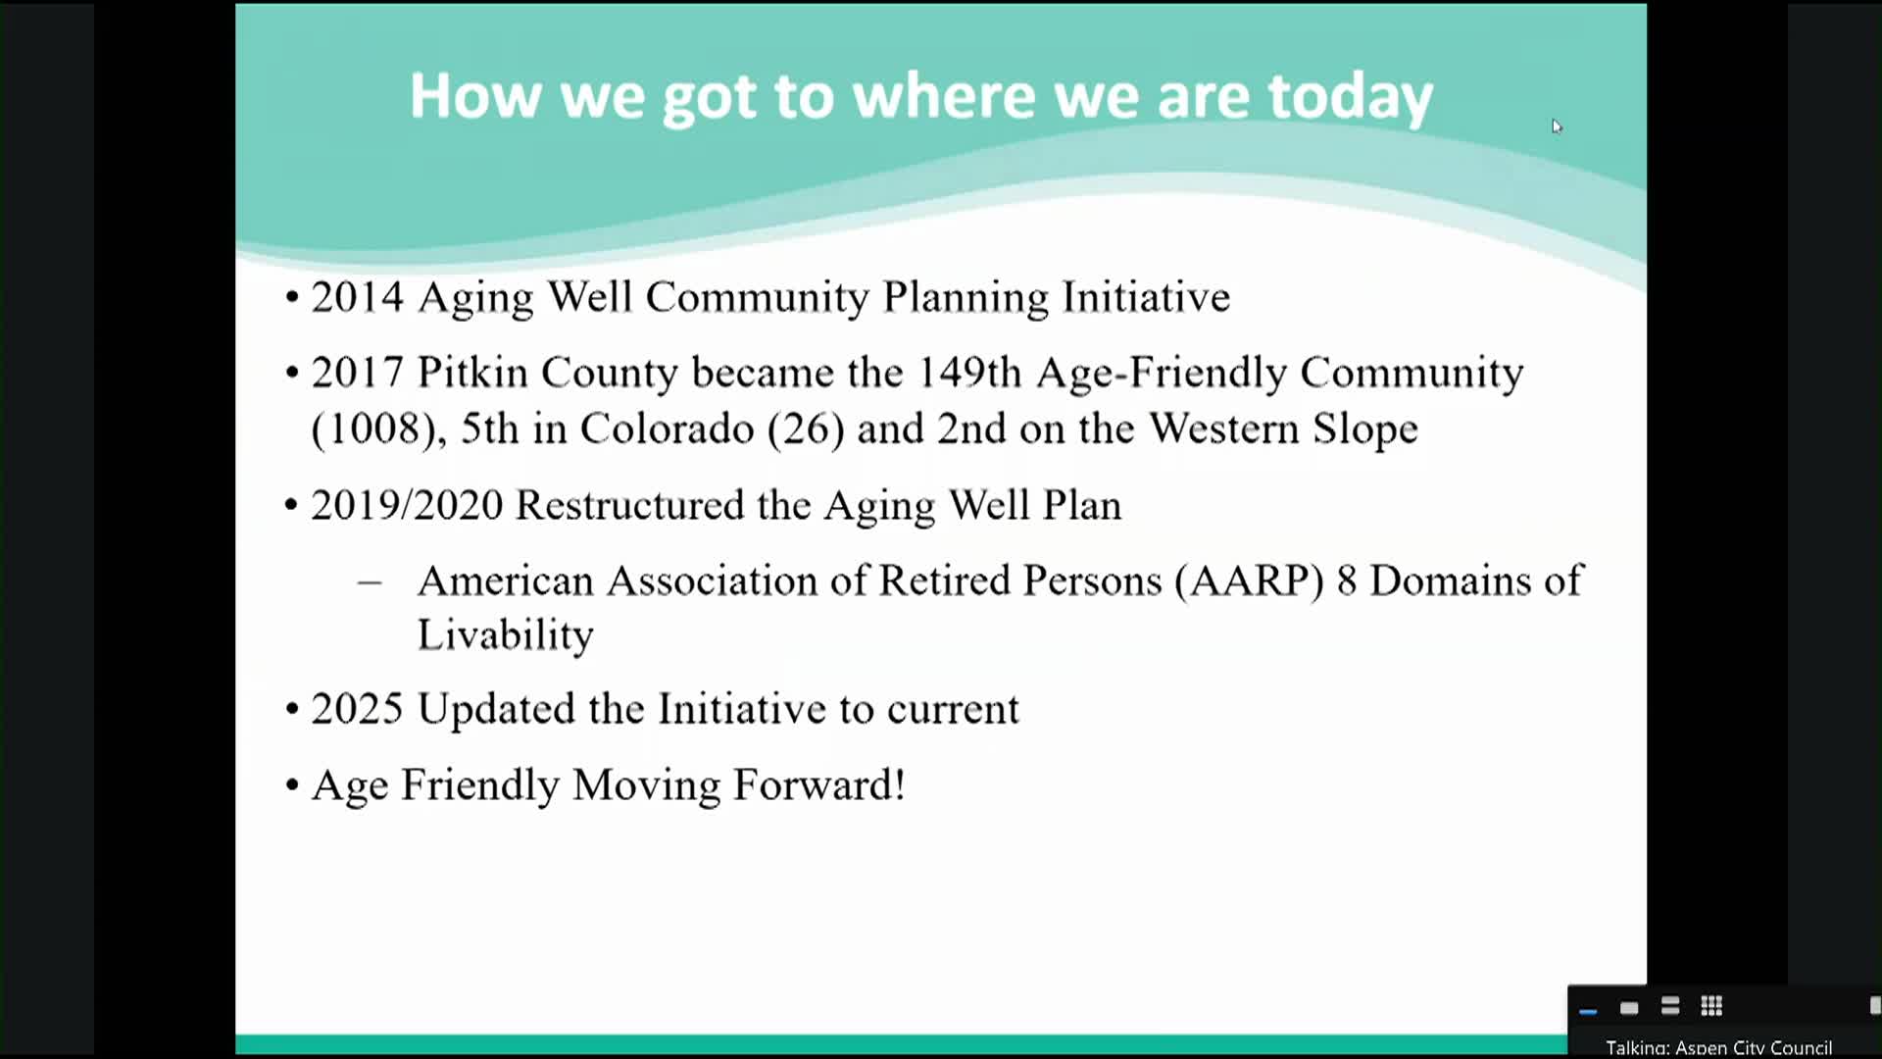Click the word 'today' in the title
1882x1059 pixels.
tap(1350, 97)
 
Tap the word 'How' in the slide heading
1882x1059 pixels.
tap(474, 96)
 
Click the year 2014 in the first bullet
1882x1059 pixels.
tap(357, 297)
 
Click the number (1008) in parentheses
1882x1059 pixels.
tap(372, 429)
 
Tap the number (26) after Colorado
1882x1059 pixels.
tap(806, 429)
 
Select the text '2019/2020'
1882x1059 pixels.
tap(407, 506)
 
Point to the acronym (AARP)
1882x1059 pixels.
tap(1250, 581)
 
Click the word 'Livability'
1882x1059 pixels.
tap(505, 635)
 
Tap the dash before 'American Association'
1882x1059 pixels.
tap(370, 582)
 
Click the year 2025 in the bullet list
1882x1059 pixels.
tap(357, 709)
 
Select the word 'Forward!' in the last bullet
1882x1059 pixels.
tap(818, 785)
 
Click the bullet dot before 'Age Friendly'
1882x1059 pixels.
tap(292, 785)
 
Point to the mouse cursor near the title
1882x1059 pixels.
tap(1556, 126)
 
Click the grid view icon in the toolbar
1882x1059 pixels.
tap(1711, 1006)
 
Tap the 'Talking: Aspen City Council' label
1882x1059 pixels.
tap(1718, 1047)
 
